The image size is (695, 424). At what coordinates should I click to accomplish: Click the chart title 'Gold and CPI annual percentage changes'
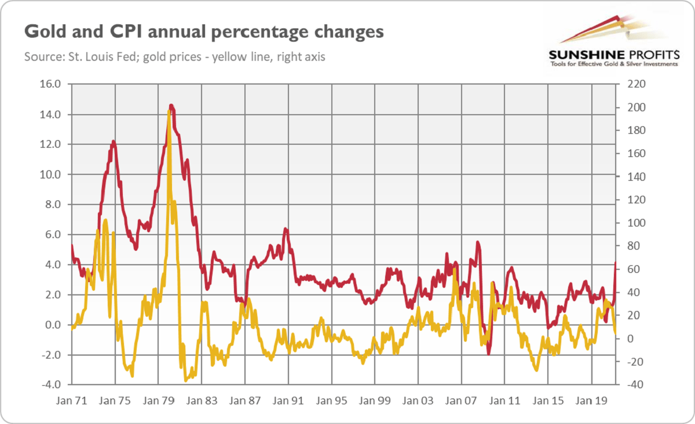pyautogui.click(x=203, y=31)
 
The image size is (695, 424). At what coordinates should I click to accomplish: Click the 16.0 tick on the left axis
pyautogui.click(x=52, y=85)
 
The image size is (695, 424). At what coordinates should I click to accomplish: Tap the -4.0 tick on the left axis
pyautogui.click(x=50, y=385)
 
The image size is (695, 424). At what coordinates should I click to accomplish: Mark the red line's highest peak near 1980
pyautogui.click(x=171, y=105)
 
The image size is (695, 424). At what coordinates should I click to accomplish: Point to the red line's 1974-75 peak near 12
pyautogui.click(x=114, y=141)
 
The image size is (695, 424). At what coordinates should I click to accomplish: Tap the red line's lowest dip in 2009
pyautogui.click(x=488, y=353)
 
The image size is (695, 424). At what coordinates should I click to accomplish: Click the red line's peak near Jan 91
pyautogui.click(x=285, y=229)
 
